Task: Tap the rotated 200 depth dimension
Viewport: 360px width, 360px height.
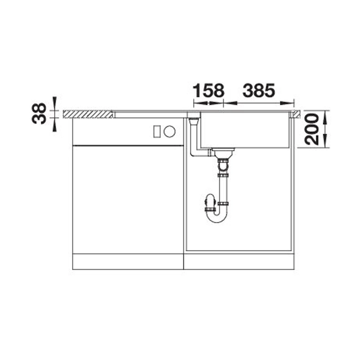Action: point(312,129)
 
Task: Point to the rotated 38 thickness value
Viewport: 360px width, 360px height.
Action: point(39,114)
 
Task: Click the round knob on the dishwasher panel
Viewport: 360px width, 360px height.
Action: point(170,132)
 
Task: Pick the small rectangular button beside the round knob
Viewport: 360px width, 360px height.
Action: point(157,132)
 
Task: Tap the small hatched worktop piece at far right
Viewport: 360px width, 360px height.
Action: point(296,114)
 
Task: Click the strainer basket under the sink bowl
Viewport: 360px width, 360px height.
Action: point(223,152)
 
